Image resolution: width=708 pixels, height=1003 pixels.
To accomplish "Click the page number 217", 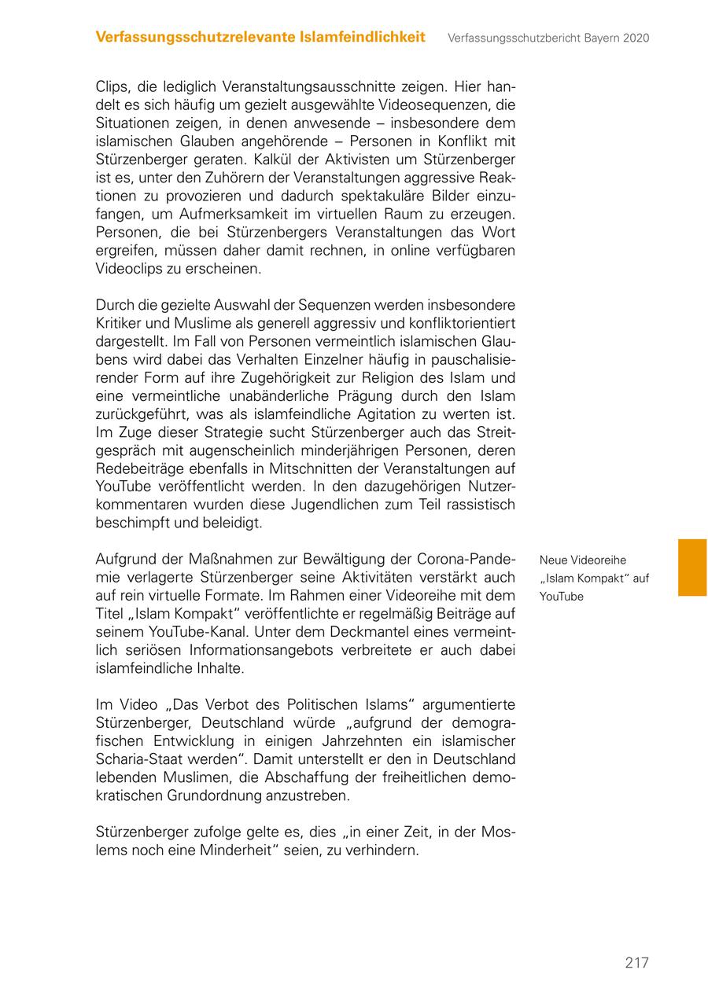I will pos(636,963).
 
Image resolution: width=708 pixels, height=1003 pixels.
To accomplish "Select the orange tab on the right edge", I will pos(692,567).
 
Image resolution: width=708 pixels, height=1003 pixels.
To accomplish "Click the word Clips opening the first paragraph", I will pos(112,87).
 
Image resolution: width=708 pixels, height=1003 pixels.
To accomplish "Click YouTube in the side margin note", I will pos(562,597).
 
